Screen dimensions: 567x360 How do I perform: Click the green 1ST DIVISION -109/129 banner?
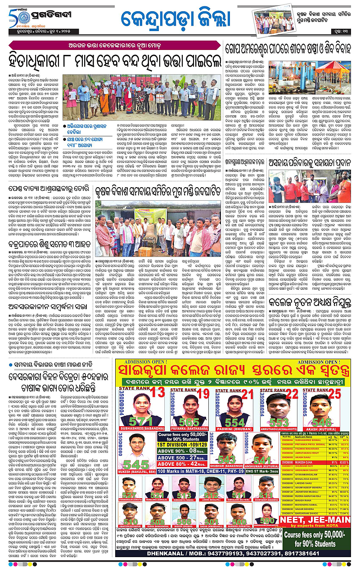(179, 452)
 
